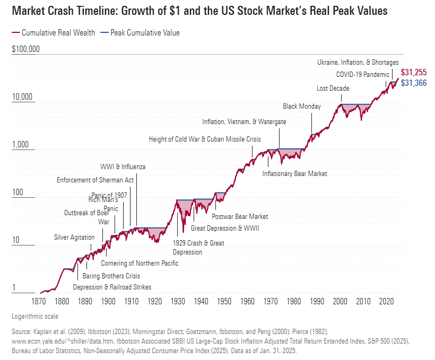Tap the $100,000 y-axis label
25,49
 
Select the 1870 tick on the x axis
39,301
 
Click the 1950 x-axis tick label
224,301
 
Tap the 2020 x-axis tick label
386,301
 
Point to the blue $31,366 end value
414,83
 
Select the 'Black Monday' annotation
302,106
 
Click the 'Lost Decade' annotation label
333,88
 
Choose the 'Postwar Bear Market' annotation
240,216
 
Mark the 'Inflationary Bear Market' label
295,173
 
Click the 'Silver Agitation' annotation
74,237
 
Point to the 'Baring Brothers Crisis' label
111,276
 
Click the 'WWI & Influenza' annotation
123,167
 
